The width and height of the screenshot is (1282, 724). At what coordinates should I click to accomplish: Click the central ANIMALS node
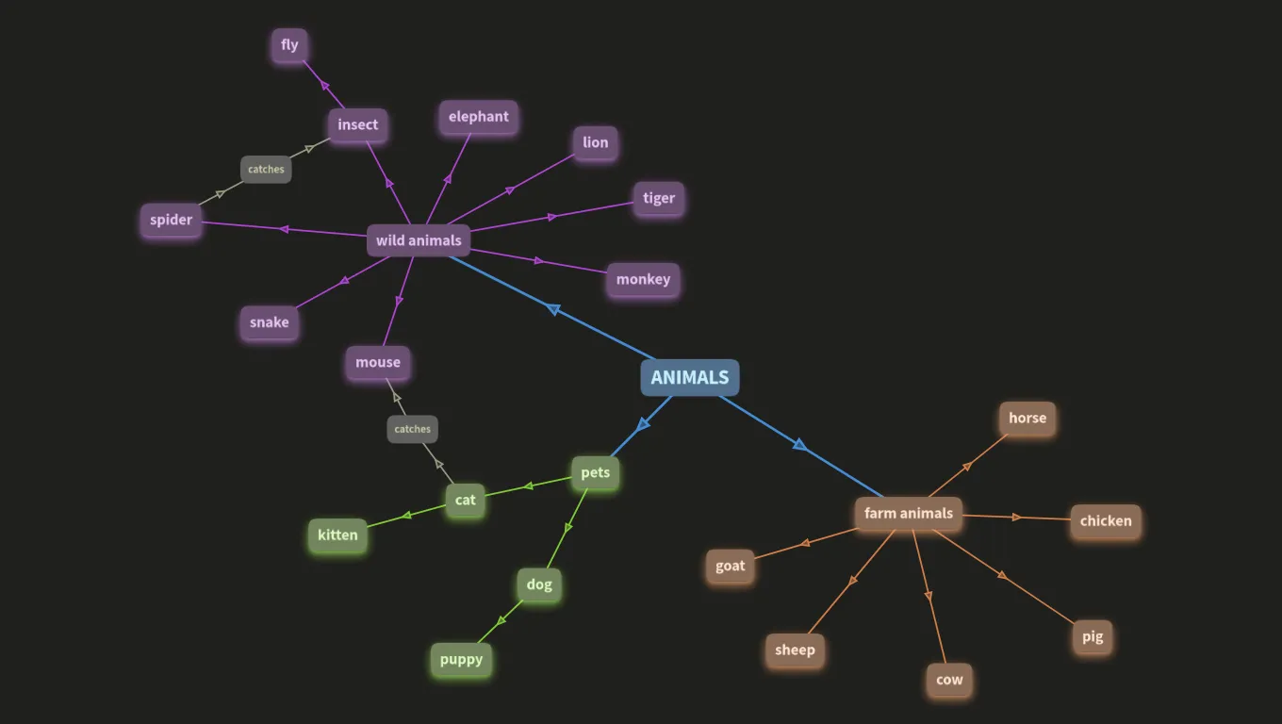pyautogui.click(x=690, y=378)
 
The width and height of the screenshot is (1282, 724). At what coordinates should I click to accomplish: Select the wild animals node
pyautogui.click(x=419, y=240)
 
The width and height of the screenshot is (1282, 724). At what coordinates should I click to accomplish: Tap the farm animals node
pyautogui.click(x=909, y=514)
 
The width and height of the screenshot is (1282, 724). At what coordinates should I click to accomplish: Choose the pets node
pyautogui.click(x=595, y=472)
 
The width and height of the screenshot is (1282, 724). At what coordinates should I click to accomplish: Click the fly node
pyautogui.click(x=289, y=45)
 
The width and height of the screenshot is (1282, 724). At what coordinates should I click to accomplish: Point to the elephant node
pyautogui.click(x=479, y=117)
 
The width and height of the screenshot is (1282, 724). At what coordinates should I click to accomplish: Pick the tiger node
pyautogui.click(x=659, y=198)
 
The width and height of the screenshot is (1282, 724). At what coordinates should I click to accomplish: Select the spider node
pyautogui.click(x=171, y=220)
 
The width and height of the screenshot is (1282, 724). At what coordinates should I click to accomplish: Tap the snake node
pyautogui.click(x=269, y=322)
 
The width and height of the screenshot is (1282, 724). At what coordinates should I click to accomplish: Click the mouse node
pyautogui.click(x=378, y=362)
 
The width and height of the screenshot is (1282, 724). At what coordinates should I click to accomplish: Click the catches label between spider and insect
pyautogui.click(x=266, y=170)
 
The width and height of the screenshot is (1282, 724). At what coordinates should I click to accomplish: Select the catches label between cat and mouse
pyautogui.click(x=412, y=429)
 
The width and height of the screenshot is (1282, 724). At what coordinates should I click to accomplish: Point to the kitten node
pyautogui.click(x=337, y=535)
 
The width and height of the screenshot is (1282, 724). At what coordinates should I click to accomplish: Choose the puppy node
pyautogui.click(x=461, y=659)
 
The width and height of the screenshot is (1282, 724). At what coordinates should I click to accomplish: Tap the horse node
pyautogui.click(x=1027, y=419)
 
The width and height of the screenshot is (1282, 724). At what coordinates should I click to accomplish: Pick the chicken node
pyautogui.click(x=1106, y=521)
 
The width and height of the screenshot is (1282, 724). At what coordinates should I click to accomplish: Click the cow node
pyautogui.click(x=949, y=680)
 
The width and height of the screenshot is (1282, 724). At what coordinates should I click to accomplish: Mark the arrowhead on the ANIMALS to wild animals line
pyautogui.click(x=553, y=309)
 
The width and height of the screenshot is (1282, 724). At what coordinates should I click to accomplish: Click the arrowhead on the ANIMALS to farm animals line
pyautogui.click(x=799, y=445)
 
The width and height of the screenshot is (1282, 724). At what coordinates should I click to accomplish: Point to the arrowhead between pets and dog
pyautogui.click(x=567, y=528)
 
